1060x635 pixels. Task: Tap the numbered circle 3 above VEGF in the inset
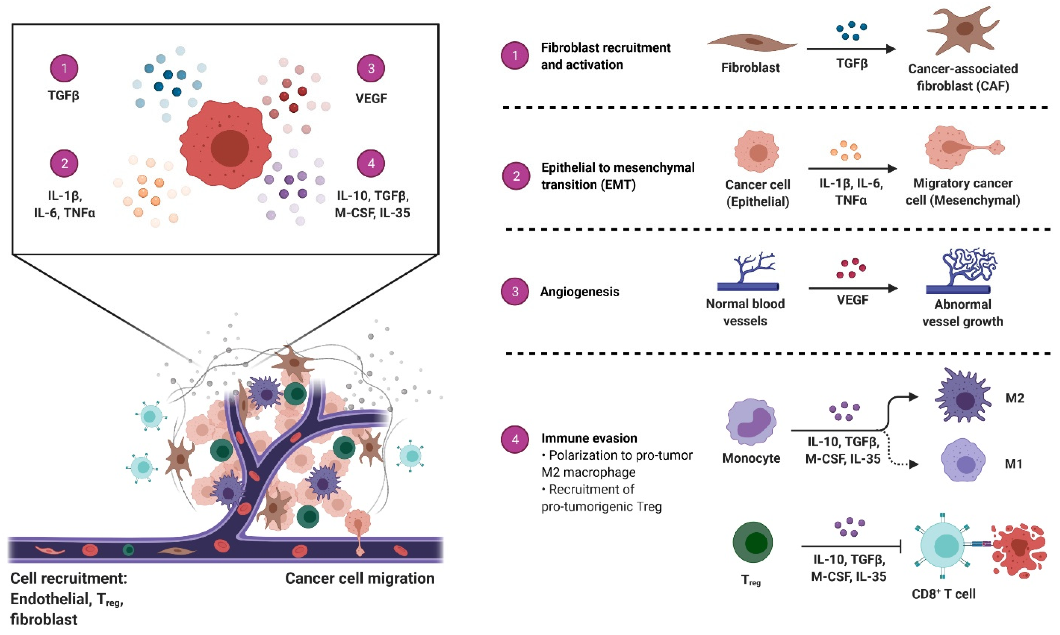coord(371,68)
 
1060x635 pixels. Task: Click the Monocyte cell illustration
coord(751,423)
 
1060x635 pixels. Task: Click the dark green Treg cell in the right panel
coord(753,542)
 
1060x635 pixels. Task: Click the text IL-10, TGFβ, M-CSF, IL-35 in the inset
coord(372,204)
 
